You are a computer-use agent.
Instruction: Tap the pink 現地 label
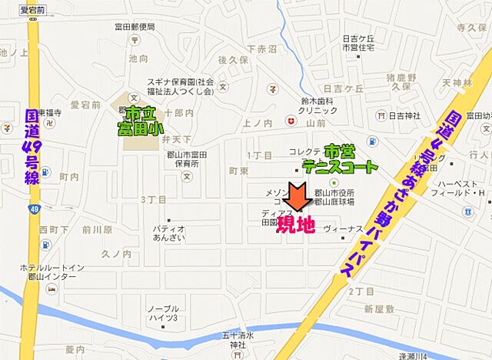coord(296,226)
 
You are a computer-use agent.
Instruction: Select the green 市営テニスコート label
coord(340,159)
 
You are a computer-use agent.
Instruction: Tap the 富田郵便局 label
coord(136,26)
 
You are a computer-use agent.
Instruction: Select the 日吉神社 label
coord(404,115)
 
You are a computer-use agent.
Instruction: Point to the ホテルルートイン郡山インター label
coord(45,272)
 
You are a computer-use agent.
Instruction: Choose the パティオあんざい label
coord(168,233)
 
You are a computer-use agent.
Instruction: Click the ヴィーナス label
coord(342,228)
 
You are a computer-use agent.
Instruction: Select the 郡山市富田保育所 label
coord(186,158)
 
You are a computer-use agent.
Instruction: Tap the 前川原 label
coord(98,229)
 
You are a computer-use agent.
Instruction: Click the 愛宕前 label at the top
coord(33,10)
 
